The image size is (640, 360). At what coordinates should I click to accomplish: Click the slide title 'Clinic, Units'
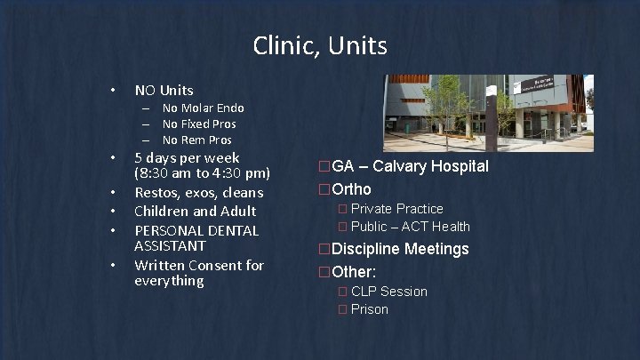click(320, 44)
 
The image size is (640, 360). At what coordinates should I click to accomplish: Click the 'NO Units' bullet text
click(164, 90)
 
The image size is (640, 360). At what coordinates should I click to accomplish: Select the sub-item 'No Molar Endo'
click(203, 108)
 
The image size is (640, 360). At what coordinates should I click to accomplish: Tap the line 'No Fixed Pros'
click(199, 124)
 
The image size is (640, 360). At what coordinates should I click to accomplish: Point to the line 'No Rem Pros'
click(197, 140)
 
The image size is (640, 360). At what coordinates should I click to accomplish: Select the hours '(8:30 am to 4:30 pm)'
click(202, 173)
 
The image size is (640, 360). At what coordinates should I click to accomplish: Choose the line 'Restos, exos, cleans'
click(198, 192)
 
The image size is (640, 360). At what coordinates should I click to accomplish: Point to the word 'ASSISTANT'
click(170, 245)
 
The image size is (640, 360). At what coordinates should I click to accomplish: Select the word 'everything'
click(169, 281)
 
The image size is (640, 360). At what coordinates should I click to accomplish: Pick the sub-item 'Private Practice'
click(396, 209)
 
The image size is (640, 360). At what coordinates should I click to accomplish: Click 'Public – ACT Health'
click(410, 227)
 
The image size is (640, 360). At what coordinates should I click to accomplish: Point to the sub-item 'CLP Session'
click(388, 292)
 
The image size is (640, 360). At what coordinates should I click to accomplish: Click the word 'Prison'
click(370, 309)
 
